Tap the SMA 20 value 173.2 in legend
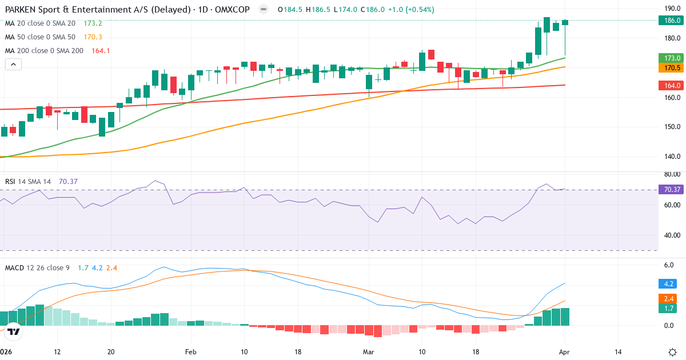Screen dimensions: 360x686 click(93, 23)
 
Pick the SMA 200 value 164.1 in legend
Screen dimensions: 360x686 click(100, 51)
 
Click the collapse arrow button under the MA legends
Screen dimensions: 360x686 click(13, 65)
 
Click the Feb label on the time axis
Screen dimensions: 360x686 click(190, 352)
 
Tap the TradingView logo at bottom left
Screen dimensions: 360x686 click(14, 331)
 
